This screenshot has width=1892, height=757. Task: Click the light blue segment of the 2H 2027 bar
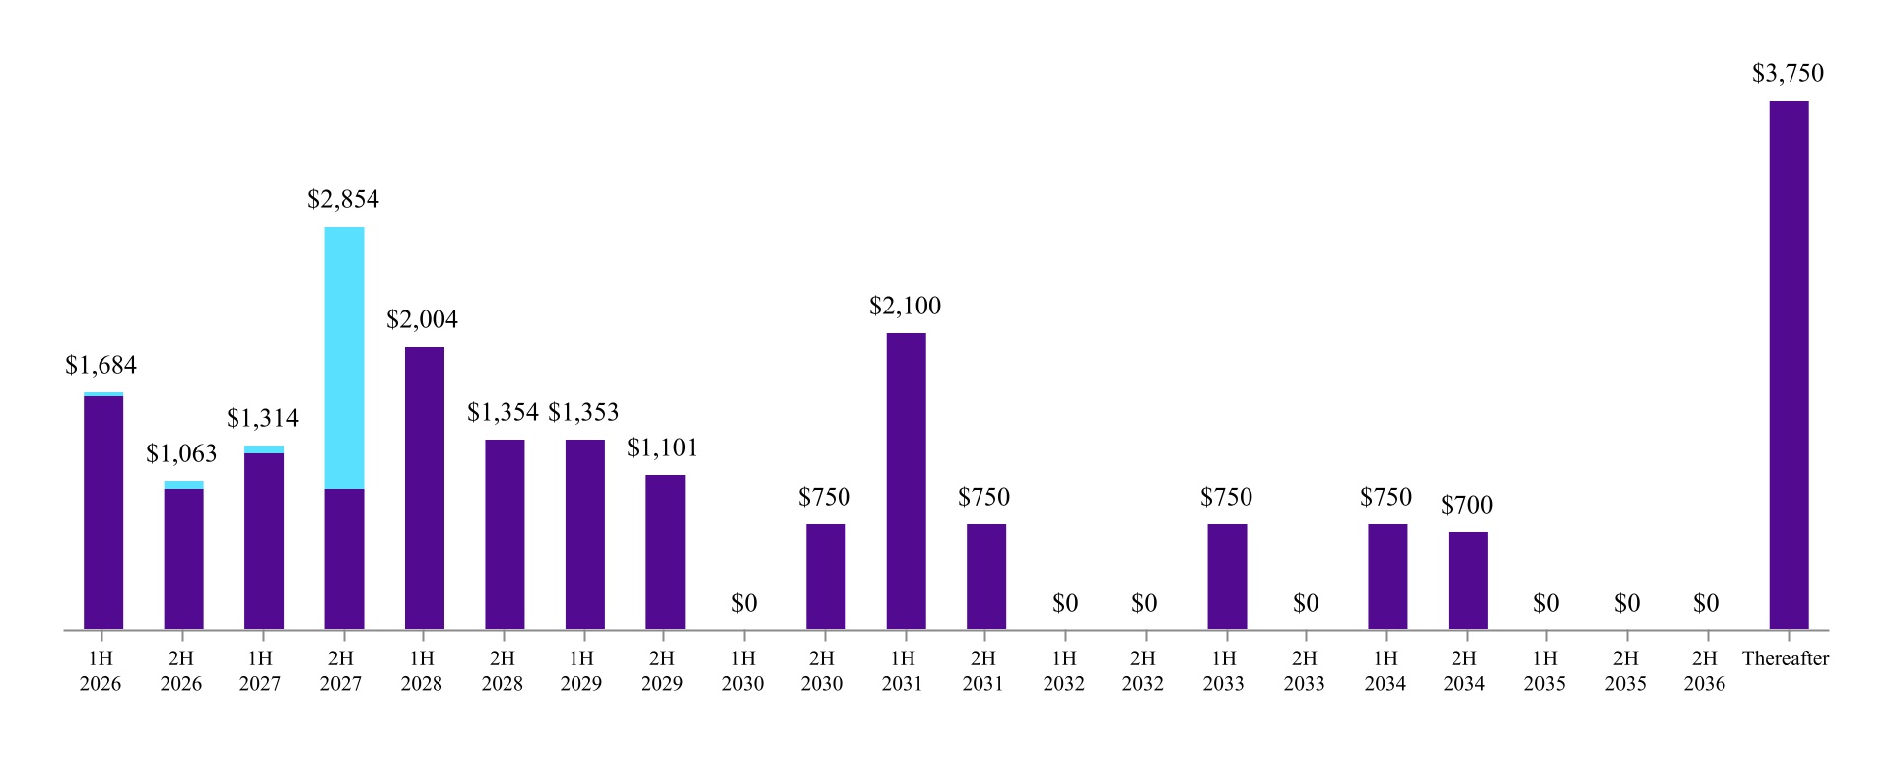click(x=344, y=357)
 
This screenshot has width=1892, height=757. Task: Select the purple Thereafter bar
click(x=1789, y=365)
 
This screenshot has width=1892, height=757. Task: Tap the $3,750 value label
click(x=1788, y=74)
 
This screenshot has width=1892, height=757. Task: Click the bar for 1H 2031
click(x=906, y=481)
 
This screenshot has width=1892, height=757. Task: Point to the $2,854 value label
click(x=343, y=200)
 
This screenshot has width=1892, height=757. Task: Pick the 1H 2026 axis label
click(x=101, y=671)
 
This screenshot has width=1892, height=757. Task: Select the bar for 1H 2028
click(x=424, y=488)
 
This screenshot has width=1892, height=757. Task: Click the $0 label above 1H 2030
click(x=744, y=603)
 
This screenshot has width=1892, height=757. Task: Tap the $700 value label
click(x=1466, y=506)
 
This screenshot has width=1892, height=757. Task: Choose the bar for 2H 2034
click(x=1467, y=581)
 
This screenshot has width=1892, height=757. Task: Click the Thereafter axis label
click(x=1785, y=659)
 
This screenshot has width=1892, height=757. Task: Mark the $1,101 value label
click(x=662, y=448)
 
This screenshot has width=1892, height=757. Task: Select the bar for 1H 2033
click(x=1227, y=577)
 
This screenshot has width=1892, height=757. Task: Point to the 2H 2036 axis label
click(x=1705, y=671)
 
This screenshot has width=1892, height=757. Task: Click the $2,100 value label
click(x=905, y=307)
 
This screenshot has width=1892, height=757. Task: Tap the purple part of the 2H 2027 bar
click(x=344, y=558)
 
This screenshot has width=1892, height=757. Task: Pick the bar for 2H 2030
click(x=825, y=577)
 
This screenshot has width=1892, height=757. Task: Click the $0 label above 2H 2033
click(x=1306, y=603)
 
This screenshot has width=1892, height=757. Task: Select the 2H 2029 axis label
click(x=662, y=671)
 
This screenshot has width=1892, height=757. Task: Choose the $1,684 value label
click(x=101, y=366)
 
